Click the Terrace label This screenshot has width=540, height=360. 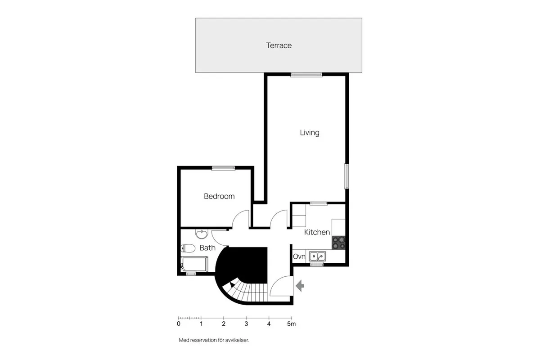[279, 45]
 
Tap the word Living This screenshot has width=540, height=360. [310, 133]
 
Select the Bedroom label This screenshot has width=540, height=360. [219, 196]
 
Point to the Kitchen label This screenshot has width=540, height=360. [317, 232]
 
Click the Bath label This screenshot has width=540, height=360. [207, 247]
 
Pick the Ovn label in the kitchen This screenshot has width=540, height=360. [299, 256]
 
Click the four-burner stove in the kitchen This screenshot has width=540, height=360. [338, 243]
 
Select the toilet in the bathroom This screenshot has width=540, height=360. [188, 248]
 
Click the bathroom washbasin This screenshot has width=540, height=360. [202, 234]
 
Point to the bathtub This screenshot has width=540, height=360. [194, 264]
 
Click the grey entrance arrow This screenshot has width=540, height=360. [300, 285]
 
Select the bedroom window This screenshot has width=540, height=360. [224, 168]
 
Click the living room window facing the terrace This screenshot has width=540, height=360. [306, 75]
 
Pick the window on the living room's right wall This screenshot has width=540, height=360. [346, 176]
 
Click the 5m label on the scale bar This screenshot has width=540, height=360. [292, 324]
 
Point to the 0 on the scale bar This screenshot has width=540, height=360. [179, 324]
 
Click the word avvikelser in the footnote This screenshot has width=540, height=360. [237, 340]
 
